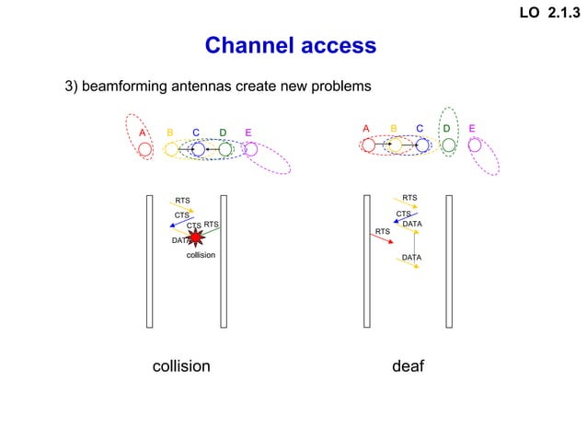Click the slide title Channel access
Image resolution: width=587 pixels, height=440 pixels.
(x=290, y=45)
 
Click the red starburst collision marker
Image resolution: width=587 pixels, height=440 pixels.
(x=195, y=237)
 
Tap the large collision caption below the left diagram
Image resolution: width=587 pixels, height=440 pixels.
(x=180, y=365)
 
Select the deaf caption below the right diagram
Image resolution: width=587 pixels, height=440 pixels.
(x=408, y=365)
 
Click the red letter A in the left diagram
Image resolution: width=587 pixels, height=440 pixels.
(x=143, y=133)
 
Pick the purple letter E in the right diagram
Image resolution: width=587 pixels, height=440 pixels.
(x=472, y=128)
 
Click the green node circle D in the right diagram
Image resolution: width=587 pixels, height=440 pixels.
(x=448, y=145)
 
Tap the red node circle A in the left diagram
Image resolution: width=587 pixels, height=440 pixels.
(x=144, y=149)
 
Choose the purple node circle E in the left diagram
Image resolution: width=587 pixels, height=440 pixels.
(x=250, y=149)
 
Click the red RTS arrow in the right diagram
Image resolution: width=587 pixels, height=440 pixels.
(x=381, y=238)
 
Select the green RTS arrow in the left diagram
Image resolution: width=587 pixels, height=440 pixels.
(x=211, y=232)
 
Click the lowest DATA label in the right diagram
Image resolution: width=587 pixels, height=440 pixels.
(x=411, y=257)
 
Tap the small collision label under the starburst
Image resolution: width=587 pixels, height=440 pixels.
(x=201, y=255)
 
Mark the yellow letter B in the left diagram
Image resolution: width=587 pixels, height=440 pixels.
(x=170, y=133)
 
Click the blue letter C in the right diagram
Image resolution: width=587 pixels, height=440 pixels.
(x=420, y=128)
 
